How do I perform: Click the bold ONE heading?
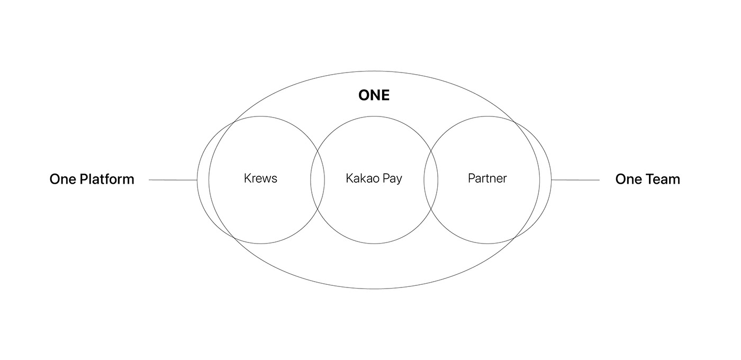[x=374, y=95]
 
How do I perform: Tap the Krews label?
[x=260, y=178]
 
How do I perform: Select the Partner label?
[x=487, y=178]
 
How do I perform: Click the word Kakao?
[x=362, y=178]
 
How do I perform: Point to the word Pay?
[x=392, y=179]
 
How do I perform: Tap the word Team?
[x=662, y=179]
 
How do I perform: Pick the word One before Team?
[x=628, y=179]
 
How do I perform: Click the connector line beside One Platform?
[x=173, y=180]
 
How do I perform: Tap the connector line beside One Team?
[x=575, y=180]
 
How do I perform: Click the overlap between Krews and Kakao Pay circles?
[x=318, y=180]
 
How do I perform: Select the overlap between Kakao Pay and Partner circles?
[x=431, y=180]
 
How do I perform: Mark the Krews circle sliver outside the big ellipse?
[x=203, y=180]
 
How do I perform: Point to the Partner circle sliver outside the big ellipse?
[x=546, y=180]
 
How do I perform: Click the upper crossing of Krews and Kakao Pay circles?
[x=318, y=152]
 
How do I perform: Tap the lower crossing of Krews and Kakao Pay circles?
[x=318, y=208]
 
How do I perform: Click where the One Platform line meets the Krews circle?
[x=197, y=180]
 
